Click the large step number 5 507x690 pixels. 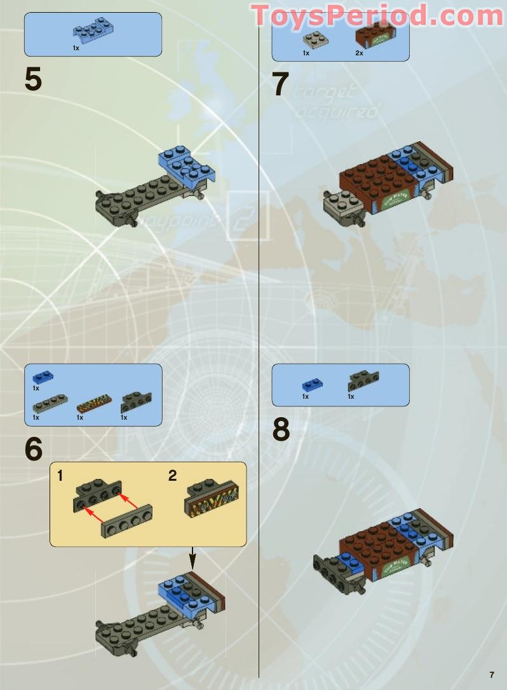pyautogui.click(x=33, y=81)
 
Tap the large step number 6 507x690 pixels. pyautogui.click(x=33, y=450)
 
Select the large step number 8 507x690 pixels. pyautogui.click(x=281, y=431)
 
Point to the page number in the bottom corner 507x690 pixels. pyautogui.click(x=491, y=675)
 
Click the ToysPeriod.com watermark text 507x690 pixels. pyautogui.click(x=378, y=15)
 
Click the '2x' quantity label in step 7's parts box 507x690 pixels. pyautogui.click(x=359, y=53)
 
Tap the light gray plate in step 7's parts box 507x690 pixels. pyautogui.click(x=315, y=39)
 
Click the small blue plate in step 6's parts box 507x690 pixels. pyautogui.click(x=43, y=377)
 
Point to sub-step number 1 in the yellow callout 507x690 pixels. pyautogui.click(x=60, y=476)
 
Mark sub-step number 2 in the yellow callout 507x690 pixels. pyautogui.click(x=172, y=476)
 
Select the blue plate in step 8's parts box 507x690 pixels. pyautogui.click(x=311, y=385)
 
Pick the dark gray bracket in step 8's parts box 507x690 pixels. pyautogui.click(x=363, y=381)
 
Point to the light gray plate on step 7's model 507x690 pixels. pyautogui.click(x=341, y=205)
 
